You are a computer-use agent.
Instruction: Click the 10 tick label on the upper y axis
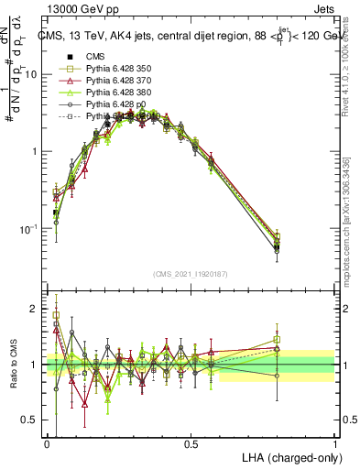[31, 75]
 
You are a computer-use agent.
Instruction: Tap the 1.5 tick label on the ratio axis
[32, 337]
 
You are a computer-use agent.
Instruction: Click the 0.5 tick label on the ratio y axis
[32, 420]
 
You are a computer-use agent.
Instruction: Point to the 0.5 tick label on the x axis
[191, 442]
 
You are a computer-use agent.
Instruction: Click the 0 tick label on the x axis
[47, 442]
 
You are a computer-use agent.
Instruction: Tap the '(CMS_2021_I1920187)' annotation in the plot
[191, 273]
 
